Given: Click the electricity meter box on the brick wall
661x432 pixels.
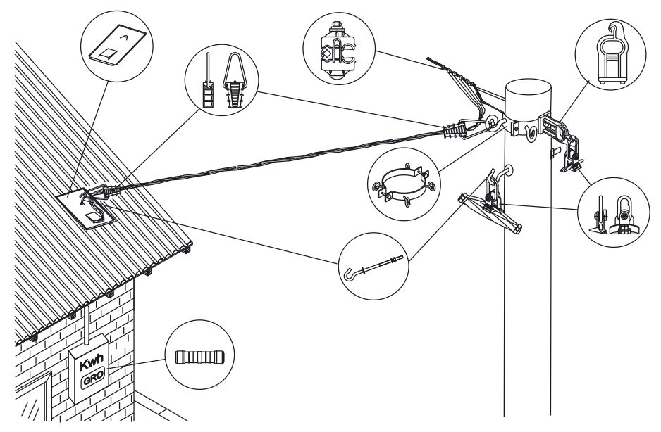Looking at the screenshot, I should [92, 373].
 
